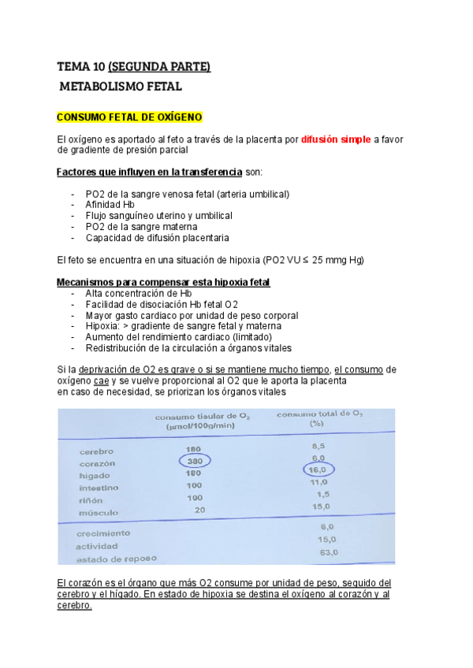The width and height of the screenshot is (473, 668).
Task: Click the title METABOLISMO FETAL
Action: [121, 86]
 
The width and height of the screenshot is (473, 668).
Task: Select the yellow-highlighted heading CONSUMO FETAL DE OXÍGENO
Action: [130, 117]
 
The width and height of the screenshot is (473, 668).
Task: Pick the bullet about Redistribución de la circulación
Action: [188, 347]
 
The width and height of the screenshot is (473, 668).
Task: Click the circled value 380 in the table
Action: [194, 461]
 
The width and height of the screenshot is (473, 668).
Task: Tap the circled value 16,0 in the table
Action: [318, 469]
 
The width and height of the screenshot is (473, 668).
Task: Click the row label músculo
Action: [99, 512]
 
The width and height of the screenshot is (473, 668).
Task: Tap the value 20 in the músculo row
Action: [199, 510]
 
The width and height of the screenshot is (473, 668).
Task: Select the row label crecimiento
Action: [103, 533]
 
